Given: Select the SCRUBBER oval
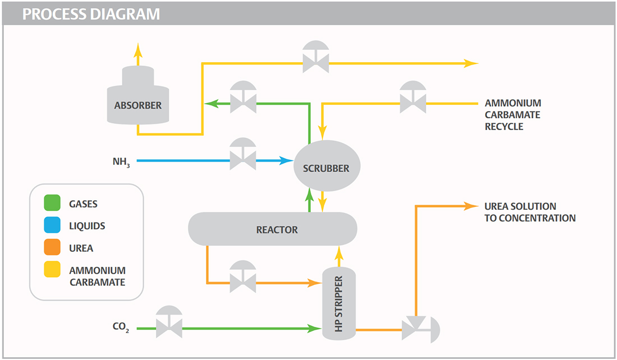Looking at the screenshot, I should (x=326, y=167).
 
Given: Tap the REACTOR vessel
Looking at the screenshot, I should (x=273, y=229).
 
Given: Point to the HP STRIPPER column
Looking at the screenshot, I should (x=339, y=303).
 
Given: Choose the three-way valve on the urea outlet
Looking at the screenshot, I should (x=418, y=330).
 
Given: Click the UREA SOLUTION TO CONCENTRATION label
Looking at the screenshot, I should (x=529, y=212).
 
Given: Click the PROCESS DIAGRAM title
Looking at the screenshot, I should (x=91, y=14).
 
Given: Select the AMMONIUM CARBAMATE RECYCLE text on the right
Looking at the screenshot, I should (x=513, y=115).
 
